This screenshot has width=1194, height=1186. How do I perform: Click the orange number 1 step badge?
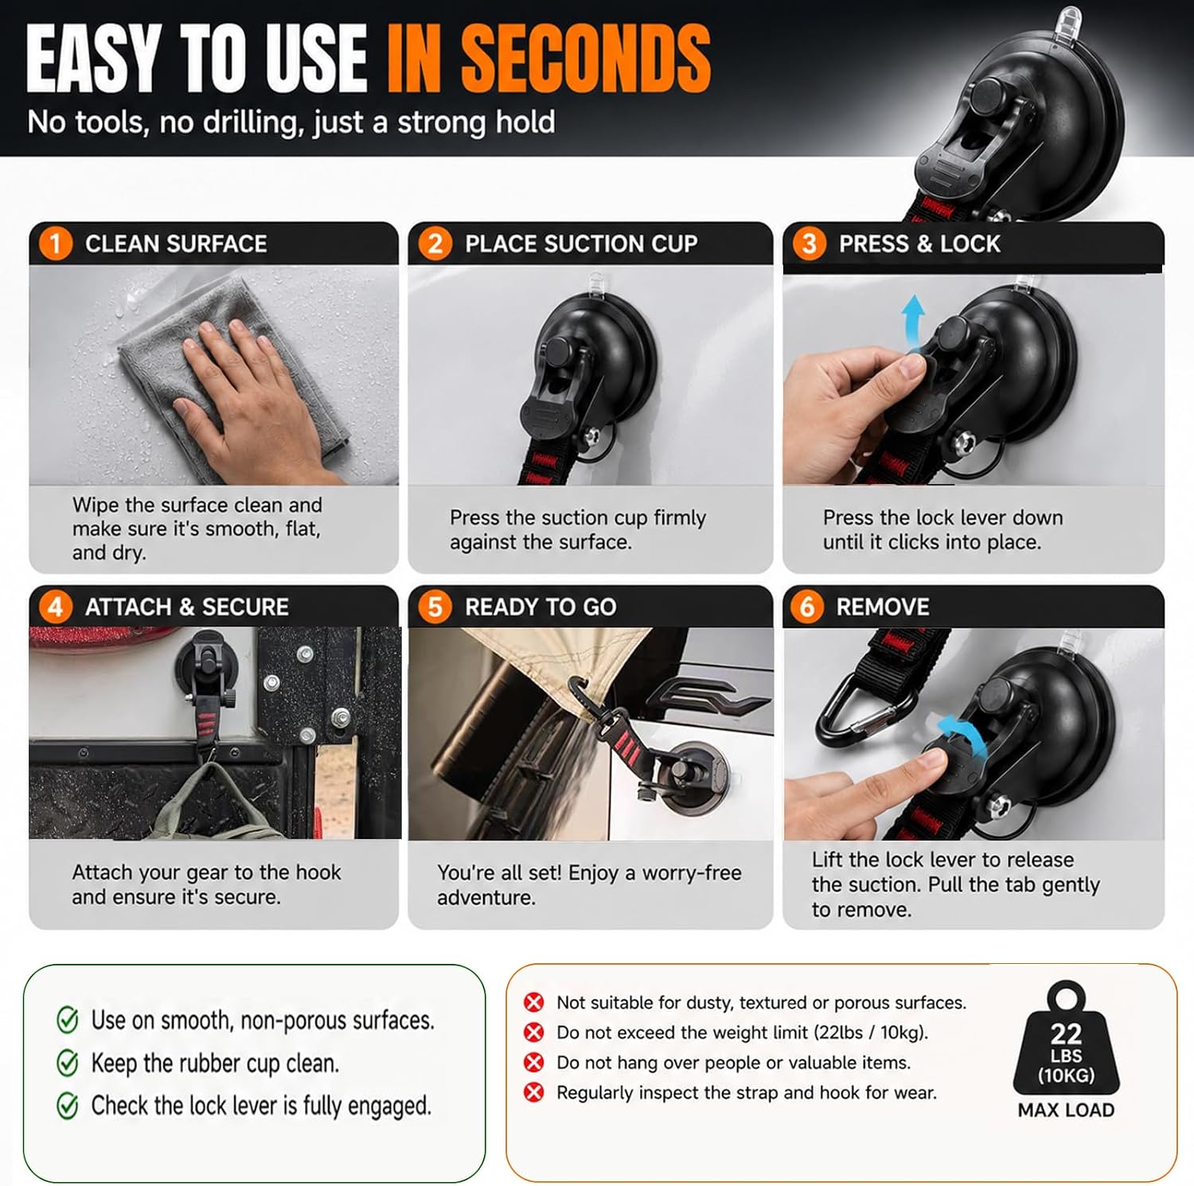(55, 243)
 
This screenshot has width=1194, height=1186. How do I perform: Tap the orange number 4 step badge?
(55, 607)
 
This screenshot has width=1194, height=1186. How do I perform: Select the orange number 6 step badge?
(807, 607)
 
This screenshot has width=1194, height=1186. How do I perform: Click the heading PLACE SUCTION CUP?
(581, 244)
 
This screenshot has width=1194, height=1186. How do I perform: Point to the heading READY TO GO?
(540, 607)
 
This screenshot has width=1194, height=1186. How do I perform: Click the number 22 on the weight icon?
(1066, 1033)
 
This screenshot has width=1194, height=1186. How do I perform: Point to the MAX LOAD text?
(1066, 1110)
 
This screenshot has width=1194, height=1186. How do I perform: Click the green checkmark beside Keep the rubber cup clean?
(68, 1063)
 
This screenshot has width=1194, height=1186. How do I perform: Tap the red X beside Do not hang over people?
(534, 1063)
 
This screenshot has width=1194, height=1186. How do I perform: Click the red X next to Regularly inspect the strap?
(534, 1093)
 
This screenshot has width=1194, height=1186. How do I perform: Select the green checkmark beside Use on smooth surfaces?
(68, 1020)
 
